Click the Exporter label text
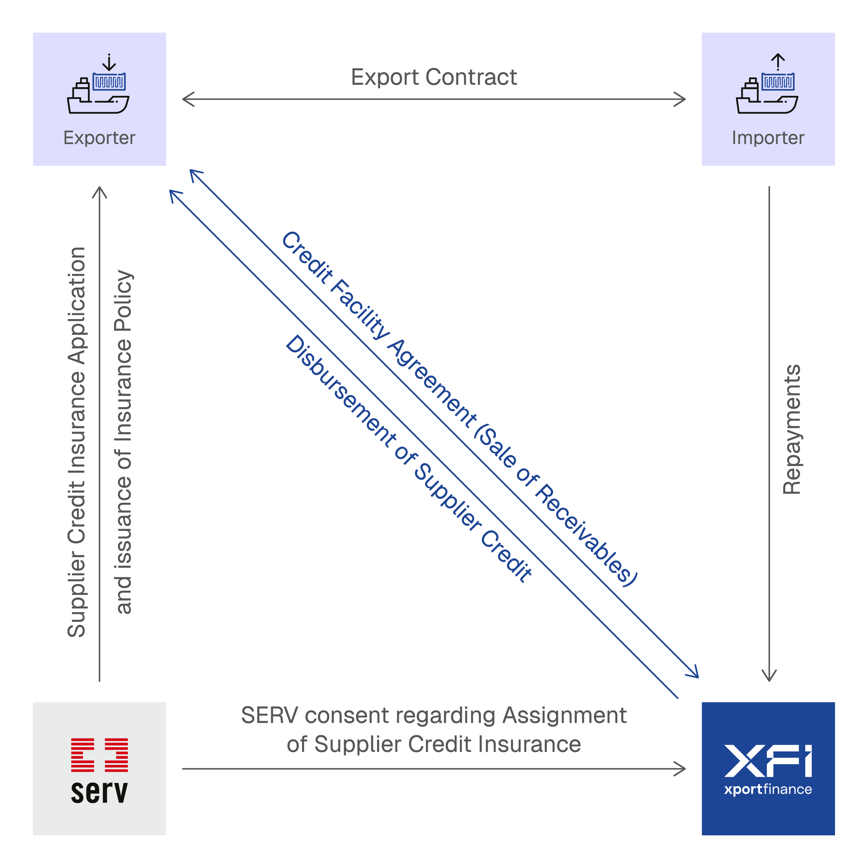[99, 138]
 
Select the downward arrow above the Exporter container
[109, 62]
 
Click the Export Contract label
[434, 77]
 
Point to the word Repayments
[792, 429]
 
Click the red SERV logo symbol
[99, 755]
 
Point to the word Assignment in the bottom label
[564, 715]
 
